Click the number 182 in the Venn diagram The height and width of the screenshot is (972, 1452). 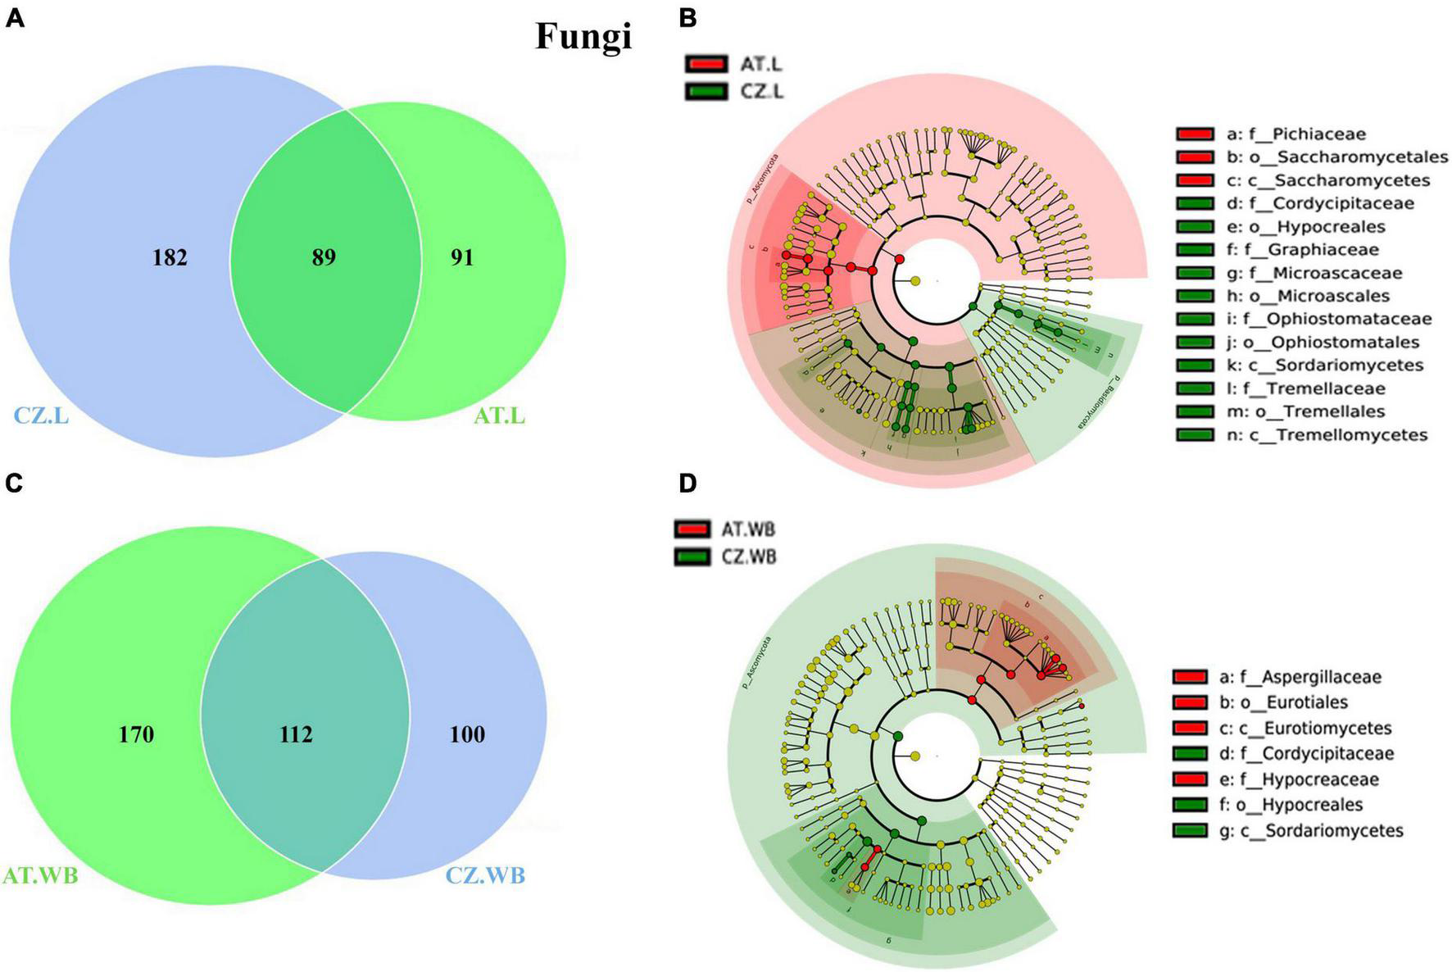[170, 257]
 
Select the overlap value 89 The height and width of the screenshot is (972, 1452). [324, 257]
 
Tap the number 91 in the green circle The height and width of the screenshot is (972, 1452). [462, 257]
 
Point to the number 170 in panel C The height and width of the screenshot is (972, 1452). [136, 734]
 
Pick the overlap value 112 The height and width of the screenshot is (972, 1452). [296, 734]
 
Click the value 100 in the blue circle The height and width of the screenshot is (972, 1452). [467, 734]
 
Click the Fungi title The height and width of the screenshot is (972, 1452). [583, 37]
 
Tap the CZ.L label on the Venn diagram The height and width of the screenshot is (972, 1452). [41, 416]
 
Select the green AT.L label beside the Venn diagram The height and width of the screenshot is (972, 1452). [500, 416]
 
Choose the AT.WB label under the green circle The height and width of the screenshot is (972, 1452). [41, 875]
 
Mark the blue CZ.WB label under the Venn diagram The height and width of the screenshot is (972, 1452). [486, 875]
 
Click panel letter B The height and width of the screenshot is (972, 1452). [687, 18]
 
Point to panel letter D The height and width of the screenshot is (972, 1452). [687, 484]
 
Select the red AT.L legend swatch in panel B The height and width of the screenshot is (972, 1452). [706, 64]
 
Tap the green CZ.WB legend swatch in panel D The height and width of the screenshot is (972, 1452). [695, 557]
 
